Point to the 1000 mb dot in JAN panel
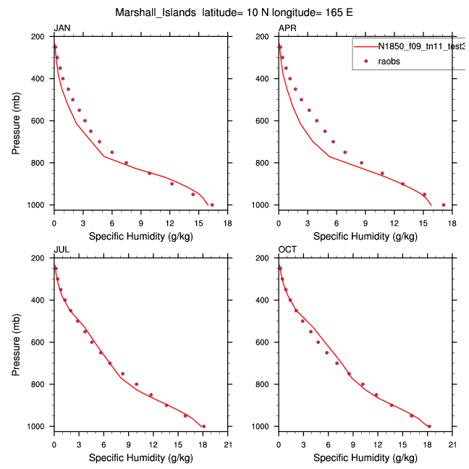click(212, 205)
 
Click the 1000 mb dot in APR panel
click(444, 205)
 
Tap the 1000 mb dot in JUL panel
click(203, 426)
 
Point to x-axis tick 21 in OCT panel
click(452, 444)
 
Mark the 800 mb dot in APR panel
click(362, 163)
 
